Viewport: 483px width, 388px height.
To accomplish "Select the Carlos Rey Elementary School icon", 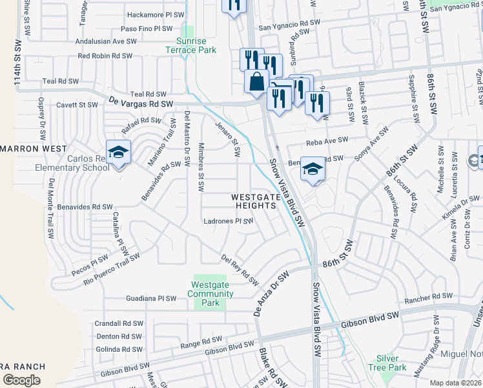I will click(118, 153).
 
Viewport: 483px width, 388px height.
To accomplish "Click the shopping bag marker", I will click(256, 82).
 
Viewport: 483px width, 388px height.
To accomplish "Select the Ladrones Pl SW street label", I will click(227, 221).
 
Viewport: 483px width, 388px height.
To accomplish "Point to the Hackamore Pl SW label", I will click(149, 15).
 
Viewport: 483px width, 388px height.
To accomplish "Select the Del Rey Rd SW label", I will click(240, 269).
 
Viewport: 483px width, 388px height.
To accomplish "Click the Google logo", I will click(21, 380).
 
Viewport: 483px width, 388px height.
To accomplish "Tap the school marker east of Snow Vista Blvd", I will click(313, 169).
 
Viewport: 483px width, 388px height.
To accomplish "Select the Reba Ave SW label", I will click(327, 140).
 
